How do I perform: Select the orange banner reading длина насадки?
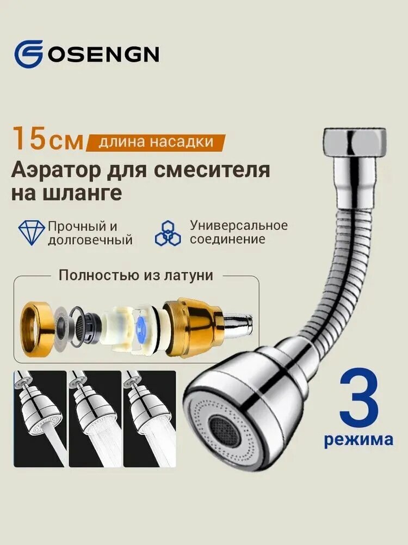click(156, 142)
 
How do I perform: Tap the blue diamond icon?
click(32, 233)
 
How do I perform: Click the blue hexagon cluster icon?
click(168, 233)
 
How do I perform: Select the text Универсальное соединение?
click(238, 232)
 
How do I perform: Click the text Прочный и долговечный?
click(90, 233)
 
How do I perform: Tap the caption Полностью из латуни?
click(135, 275)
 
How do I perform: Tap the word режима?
click(358, 439)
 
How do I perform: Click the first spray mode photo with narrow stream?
click(39, 419)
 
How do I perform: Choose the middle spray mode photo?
click(94, 419)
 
